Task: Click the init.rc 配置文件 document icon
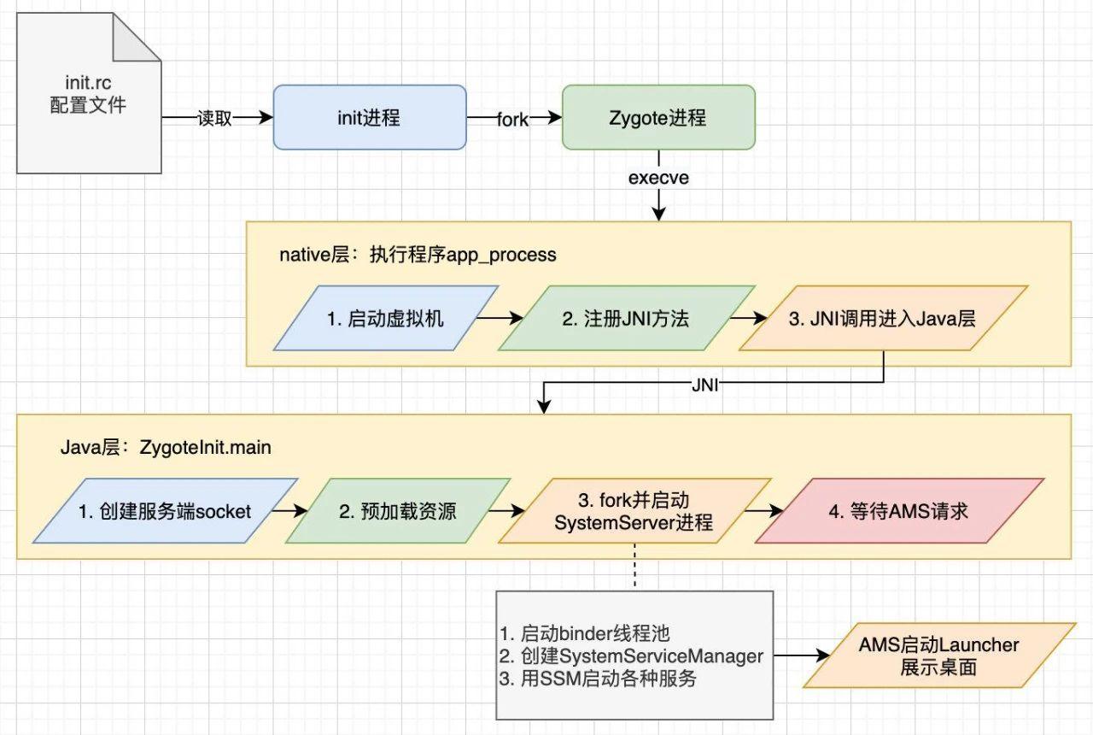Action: pyautogui.click(x=89, y=94)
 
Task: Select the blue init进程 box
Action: pyautogui.click(x=369, y=118)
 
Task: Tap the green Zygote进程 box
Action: pyautogui.click(x=658, y=118)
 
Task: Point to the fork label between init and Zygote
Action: pyautogui.click(x=513, y=120)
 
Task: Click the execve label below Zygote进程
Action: pyautogui.click(x=658, y=179)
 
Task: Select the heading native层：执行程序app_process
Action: pyautogui.click(x=418, y=255)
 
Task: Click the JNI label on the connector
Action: pyautogui.click(x=706, y=385)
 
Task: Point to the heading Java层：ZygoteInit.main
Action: pyautogui.click(x=166, y=447)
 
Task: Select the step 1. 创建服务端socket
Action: pyautogui.click(x=165, y=511)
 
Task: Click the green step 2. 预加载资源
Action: pyautogui.click(x=397, y=511)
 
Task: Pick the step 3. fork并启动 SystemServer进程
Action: pyautogui.click(x=633, y=510)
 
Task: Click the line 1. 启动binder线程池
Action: pyautogui.click(x=585, y=633)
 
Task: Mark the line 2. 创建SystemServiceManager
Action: pyautogui.click(x=631, y=656)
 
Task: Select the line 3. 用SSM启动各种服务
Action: pyautogui.click(x=598, y=679)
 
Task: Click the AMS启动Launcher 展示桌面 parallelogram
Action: pyautogui.click(x=938, y=656)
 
